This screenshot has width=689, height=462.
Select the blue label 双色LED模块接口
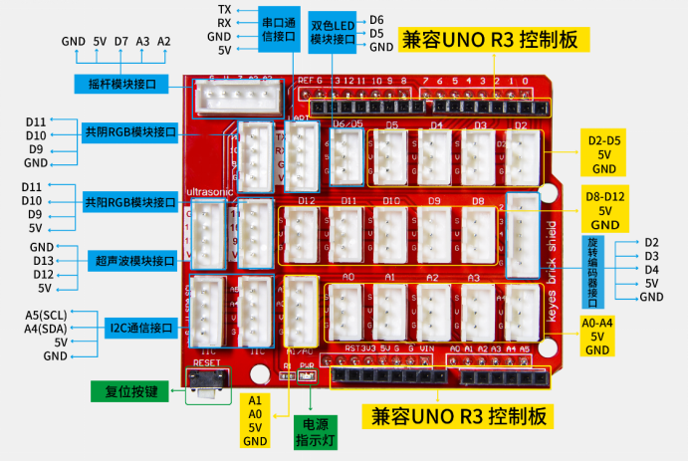pyautogui.click(x=334, y=32)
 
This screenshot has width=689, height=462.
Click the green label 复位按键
pyautogui.click(x=129, y=390)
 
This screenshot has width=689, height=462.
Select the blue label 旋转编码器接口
pyautogui.click(x=592, y=271)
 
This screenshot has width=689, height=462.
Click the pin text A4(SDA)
pyautogui.click(x=48, y=329)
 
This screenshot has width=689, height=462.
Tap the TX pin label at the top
pyautogui.click(x=225, y=9)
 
